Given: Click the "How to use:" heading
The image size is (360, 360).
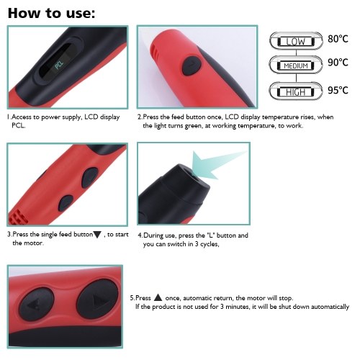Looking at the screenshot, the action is click(x=51, y=13).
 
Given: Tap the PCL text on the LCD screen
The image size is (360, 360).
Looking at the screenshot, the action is click(x=59, y=65).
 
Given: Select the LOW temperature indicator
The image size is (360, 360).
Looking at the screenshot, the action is click(x=296, y=41).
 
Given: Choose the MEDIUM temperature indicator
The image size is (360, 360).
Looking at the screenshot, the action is click(x=296, y=66).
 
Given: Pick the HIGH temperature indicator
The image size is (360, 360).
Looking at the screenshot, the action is click(x=296, y=91).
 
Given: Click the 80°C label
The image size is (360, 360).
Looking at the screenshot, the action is click(x=338, y=39).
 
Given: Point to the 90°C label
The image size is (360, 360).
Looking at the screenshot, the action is click(x=338, y=63).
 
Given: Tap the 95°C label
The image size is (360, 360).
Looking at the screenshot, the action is click(x=338, y=90).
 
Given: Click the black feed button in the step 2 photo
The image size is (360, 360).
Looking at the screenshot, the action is click(x=192, y=66).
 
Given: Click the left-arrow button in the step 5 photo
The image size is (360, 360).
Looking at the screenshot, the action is click(x=36, y=305).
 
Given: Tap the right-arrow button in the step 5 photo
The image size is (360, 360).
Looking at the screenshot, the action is click(x=97, y=299).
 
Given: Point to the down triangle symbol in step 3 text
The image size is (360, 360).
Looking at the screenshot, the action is click(x=97, y=235).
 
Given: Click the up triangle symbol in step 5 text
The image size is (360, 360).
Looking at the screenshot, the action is click(x=158, y=297).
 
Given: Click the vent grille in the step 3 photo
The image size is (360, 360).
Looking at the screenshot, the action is click(x=18, y=217).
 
